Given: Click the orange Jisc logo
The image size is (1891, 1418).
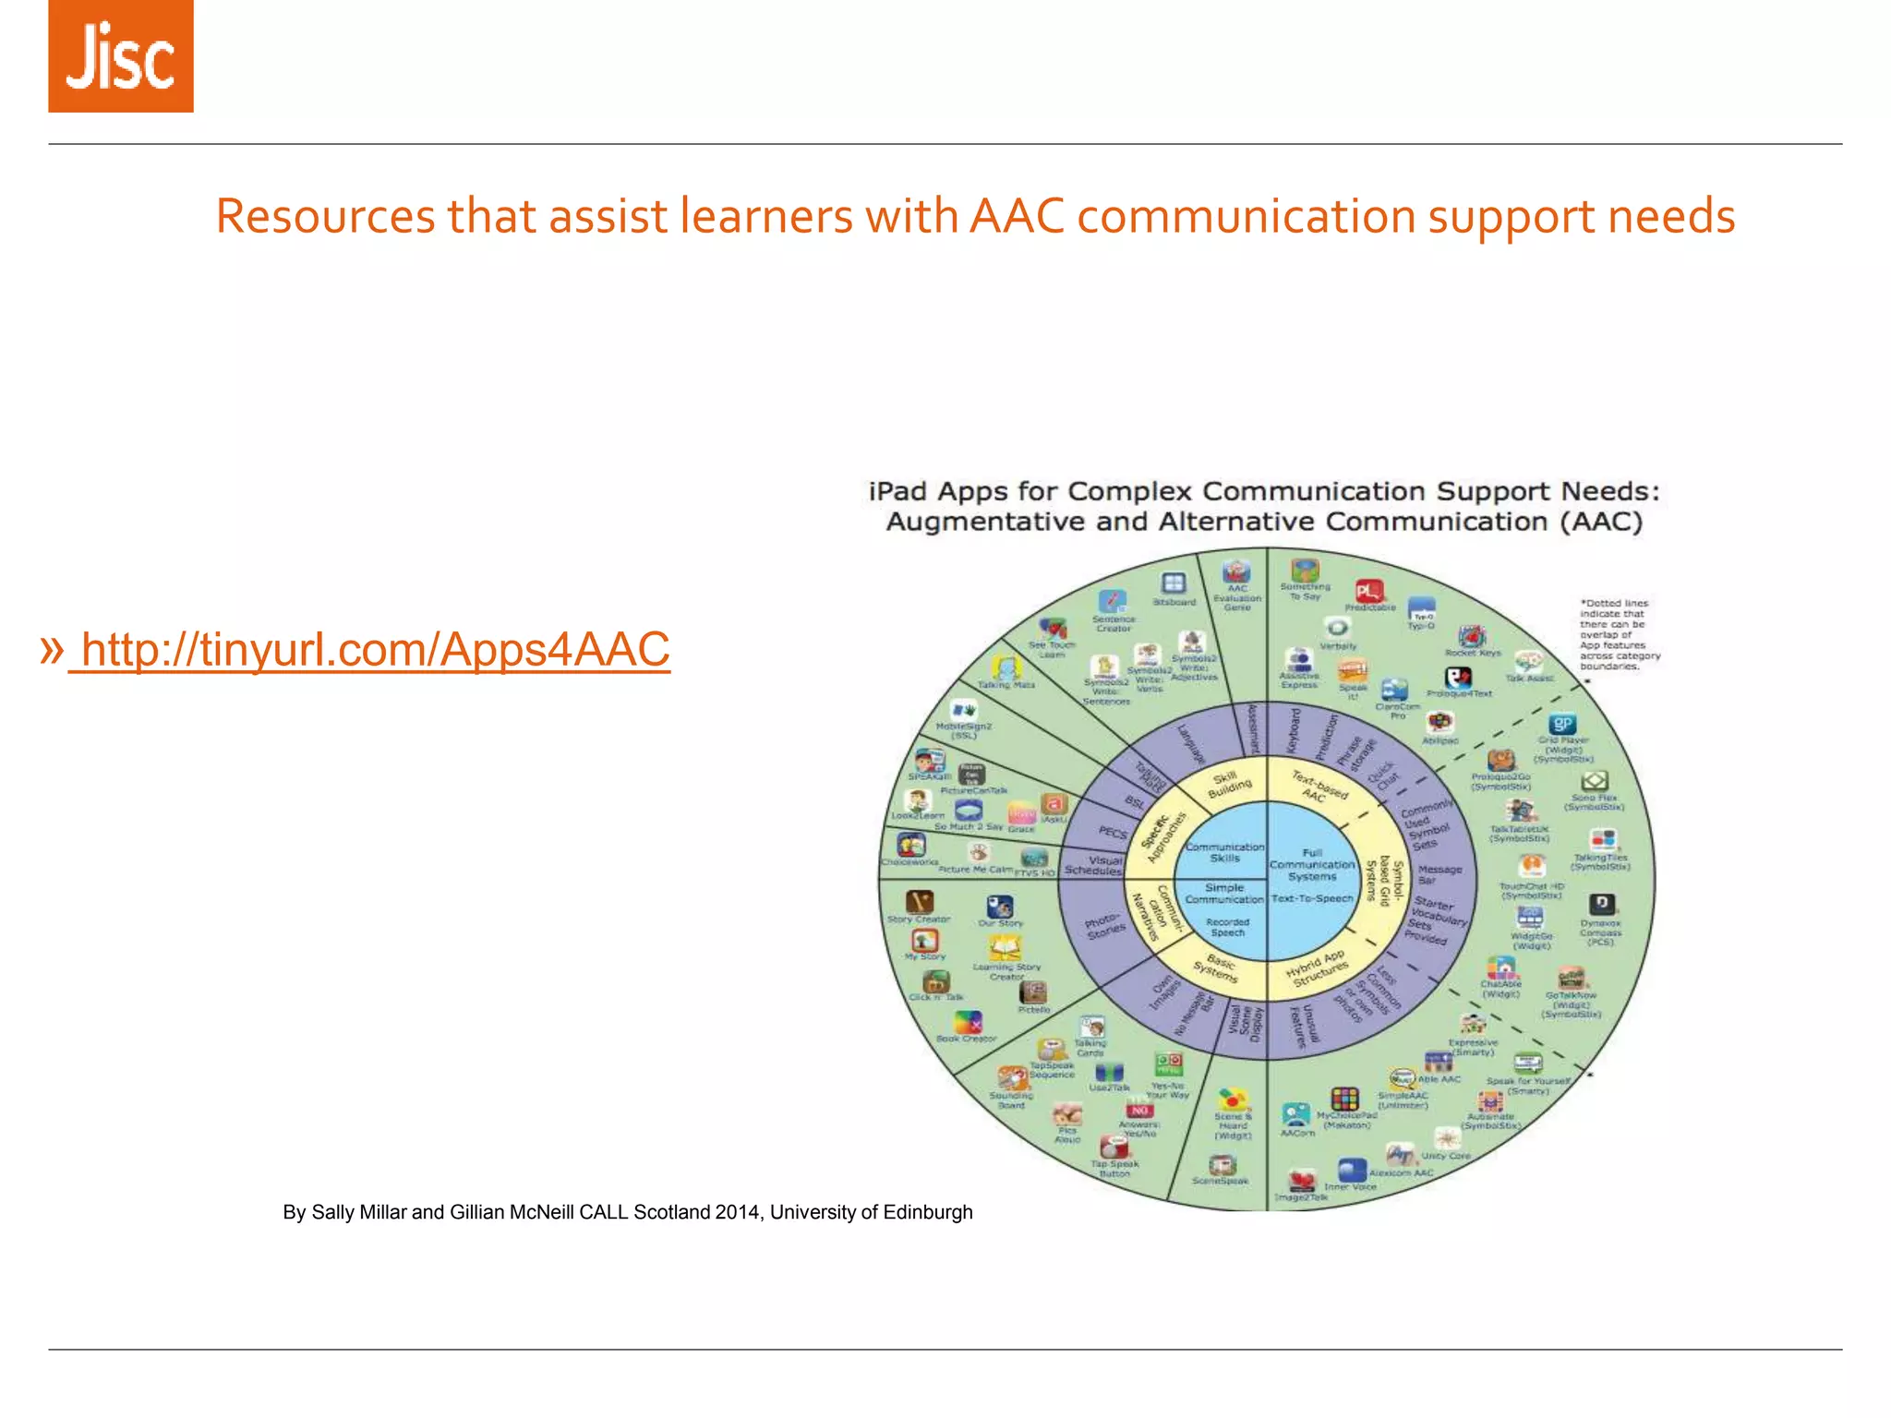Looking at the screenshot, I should pos(121,56).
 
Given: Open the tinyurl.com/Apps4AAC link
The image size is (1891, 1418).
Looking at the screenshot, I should pos(369,649).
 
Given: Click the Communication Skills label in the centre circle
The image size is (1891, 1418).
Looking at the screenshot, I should pos(1224,852).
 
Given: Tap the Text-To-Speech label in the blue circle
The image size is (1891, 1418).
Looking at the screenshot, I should pos(1312,898).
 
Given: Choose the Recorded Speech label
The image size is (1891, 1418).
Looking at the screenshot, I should pos(1228,927).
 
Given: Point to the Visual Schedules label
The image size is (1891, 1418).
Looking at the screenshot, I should pos(1094,865).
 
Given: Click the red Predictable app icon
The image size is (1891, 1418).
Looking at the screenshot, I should pos(1368,591).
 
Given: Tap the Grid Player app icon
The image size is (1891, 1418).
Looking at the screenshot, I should pos(1562,725).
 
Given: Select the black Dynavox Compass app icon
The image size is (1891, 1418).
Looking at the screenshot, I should pos(1600,904).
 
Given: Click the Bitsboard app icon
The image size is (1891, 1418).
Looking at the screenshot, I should pos(1174,583).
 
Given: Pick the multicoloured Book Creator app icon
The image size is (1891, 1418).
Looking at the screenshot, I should pos(968,1022).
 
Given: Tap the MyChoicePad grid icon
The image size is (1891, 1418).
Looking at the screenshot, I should pos(1344,1100).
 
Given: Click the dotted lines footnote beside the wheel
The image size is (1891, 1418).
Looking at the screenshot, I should pos(1620,635).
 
